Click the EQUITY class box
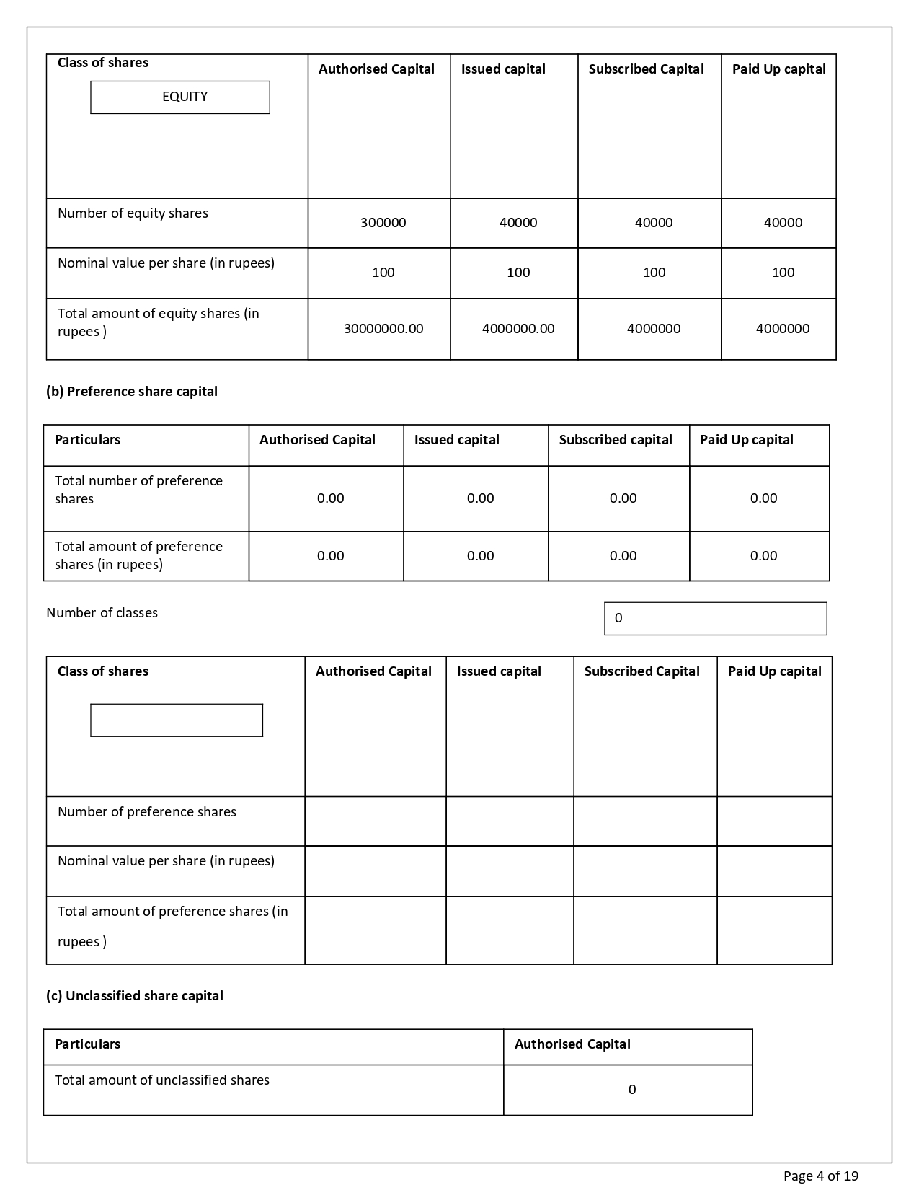point(180,97)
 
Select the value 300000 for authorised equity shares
point(383,223)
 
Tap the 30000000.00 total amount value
point(383,329)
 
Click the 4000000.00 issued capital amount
point(518,329)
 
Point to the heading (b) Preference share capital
point(132,392)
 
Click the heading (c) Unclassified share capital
point(135,996)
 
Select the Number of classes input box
point(715,619)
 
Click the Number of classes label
point(102,613)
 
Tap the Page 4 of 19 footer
point(820,1176)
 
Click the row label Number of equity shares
point(133,213)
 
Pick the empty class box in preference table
point(177,720)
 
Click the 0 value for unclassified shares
point(631,1090)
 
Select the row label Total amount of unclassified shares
point(162,1080)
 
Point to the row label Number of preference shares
point(147,812)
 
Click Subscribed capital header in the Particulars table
point(616,440)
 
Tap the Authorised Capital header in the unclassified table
point(572,1044)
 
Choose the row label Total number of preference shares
point(138,490)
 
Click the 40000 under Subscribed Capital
point(653,223)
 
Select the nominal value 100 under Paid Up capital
point(783,273)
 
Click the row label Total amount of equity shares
point(158,322)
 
